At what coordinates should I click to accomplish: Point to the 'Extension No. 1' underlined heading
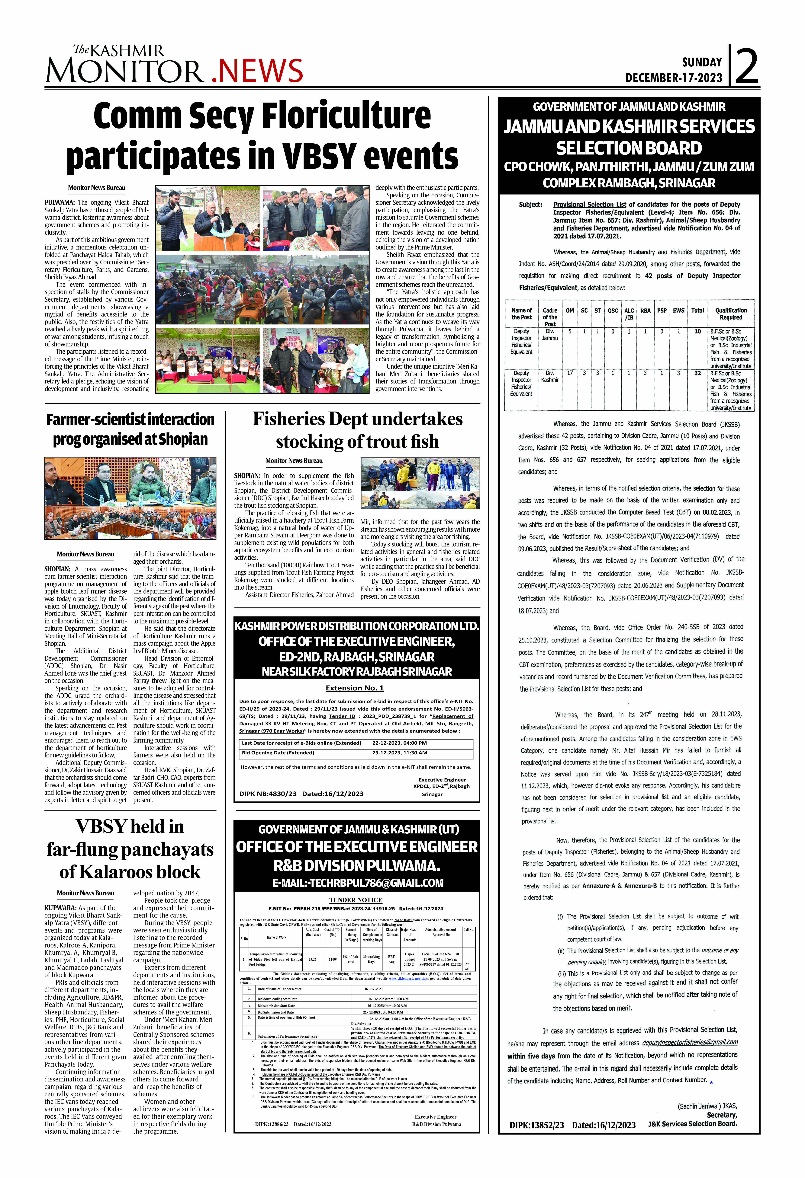click(x=355, y=688)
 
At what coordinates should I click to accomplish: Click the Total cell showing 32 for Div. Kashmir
click(x=697, y=373)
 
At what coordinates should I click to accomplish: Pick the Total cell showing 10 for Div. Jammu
click(x=697, y=331)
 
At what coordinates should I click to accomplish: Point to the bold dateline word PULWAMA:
click(x=60, y=202)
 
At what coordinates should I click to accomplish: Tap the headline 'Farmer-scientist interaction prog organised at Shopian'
click(x=130, y=429)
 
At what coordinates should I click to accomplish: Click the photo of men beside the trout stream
click(x=420, y=483)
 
